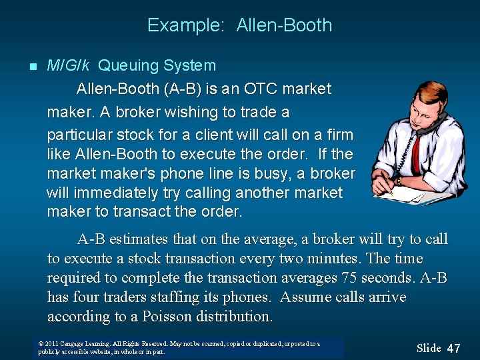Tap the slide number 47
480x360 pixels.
(453, 348)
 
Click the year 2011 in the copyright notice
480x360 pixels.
(52, 344)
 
